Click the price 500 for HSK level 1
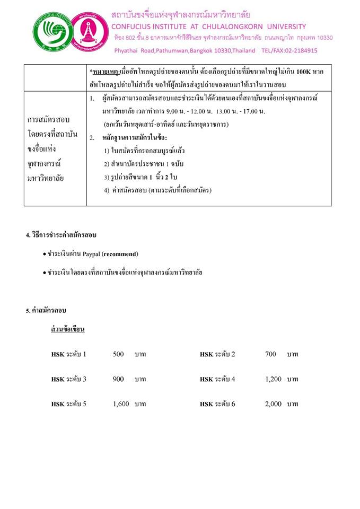click(118, 354)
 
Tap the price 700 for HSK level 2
click(270, 354)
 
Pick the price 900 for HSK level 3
click(118, 379)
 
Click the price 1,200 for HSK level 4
click(273, 379)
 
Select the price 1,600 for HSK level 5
click(121, 404)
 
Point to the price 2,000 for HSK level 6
click(273, 404)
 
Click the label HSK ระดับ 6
click(217, 404)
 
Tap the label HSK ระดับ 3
click(69, 379)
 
